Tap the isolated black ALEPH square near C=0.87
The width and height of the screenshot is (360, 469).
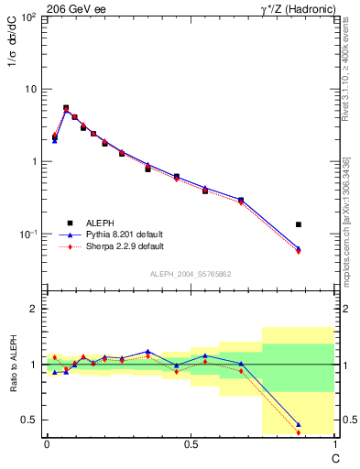(x=299, y=224)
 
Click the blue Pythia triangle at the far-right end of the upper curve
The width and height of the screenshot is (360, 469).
(x=299, y=248)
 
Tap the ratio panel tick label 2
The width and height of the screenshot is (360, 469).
(x=35, y=309)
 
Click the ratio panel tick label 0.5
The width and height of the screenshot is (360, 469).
(x=31, y=420)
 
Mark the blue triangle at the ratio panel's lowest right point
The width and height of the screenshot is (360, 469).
(x=299, y=424)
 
